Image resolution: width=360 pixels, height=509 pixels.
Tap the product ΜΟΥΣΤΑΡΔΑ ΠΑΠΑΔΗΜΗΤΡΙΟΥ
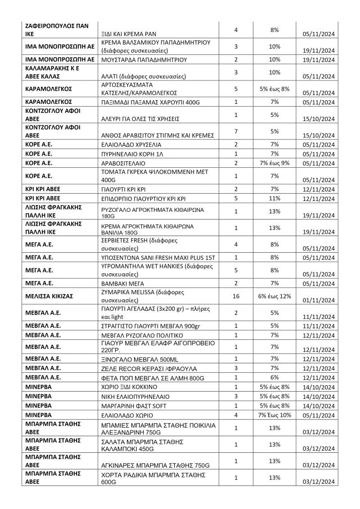144,59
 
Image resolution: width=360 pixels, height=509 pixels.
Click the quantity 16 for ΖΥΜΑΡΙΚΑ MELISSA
236,296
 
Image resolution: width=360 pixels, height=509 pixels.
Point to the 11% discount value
274,198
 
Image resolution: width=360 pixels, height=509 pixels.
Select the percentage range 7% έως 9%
274,163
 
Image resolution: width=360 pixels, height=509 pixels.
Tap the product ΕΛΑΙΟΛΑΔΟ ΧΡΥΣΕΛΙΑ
131,145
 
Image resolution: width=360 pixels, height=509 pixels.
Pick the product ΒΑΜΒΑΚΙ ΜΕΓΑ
121,283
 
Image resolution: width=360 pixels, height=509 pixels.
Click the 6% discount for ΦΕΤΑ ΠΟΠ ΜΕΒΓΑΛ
274,377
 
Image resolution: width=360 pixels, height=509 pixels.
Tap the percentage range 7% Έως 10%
274,415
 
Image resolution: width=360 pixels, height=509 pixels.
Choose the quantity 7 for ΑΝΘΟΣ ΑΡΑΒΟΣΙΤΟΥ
236,131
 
